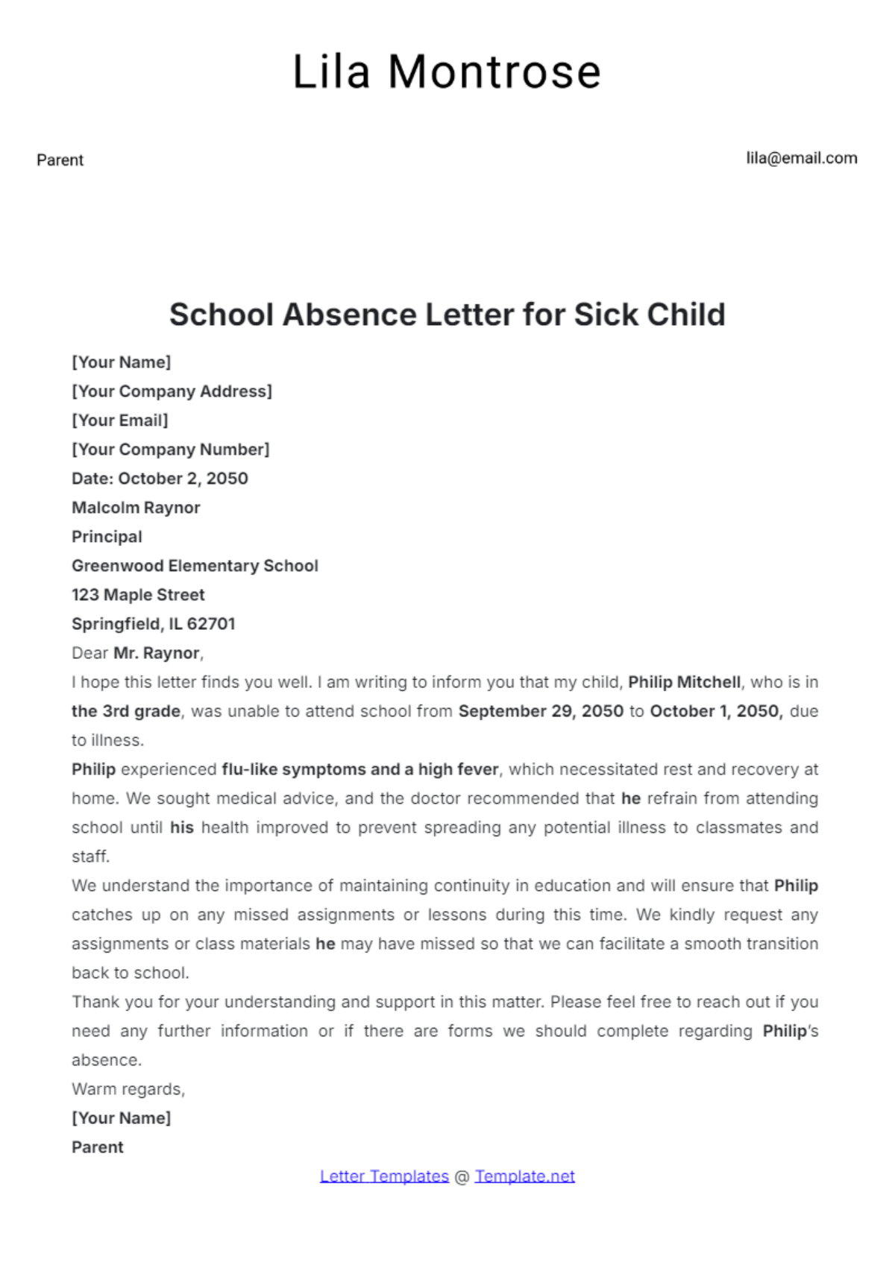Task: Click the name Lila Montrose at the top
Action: pyautogui.click(x=447, y=72)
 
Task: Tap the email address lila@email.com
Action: pyautogui.click(x=802, y=158)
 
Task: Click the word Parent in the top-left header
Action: pyautogui.click(x=60, y=160)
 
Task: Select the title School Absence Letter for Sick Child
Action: pyautogui.click(x=447, y=315)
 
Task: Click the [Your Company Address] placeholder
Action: pyautogui.click(x=172, y=391)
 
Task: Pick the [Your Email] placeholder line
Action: pyautogui.click(x=120, y=420)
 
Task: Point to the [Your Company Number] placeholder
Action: pyautogui.click(x=170, y=450)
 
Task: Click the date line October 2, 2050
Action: pyautogui.click(x=160, y=479)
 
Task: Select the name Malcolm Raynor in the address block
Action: pyautogui.click(x=136, y=508)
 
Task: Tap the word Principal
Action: pyautogui.click(x=107, y=537)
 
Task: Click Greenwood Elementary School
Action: pyautogui.click(x=195, y=566)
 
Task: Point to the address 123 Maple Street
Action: pyautogui.click(x=138, y=595)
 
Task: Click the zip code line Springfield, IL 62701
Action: pyautogui.click(x=153, y=624)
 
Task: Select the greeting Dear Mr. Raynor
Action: pyautogui.click(x=137, y=653)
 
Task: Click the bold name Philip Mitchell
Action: pyautogui.click(x=684, y=682)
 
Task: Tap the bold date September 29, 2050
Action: pyautogui.click(x=541, y=711)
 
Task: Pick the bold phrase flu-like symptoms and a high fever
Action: pyautogui.click(x=360, y=769)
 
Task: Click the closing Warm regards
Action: pyautogui.click(x=128, y=1089)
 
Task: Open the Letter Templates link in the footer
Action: pyautogui.click(x=384, y=1176)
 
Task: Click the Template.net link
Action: pyautogui.click(x=524, y=1176)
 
